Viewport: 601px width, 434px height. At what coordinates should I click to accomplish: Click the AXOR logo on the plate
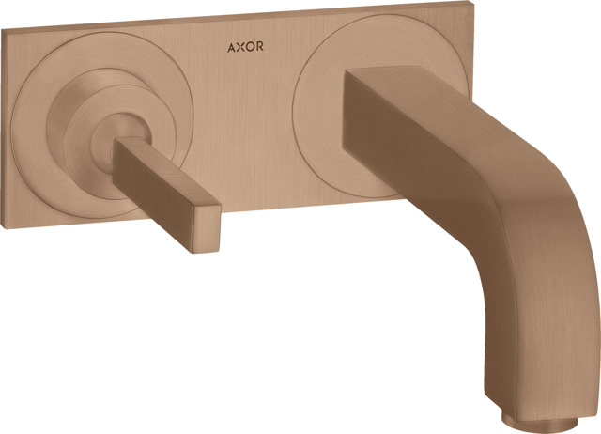click(x=245, y=47)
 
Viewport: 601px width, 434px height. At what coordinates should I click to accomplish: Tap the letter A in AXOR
click(x=232, y=48)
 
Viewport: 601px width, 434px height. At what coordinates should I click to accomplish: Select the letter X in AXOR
click(x=240, y=47)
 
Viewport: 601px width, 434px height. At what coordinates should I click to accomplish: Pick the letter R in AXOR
click(x=259, y=46)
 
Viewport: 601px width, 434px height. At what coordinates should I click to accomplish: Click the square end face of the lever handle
click(x=207, y=229)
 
